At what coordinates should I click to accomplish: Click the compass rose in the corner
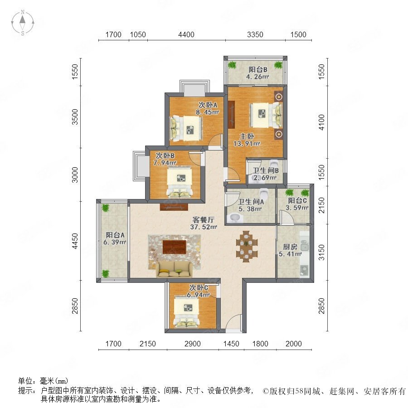coord(23,23)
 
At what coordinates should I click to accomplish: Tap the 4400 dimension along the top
coord(186,34)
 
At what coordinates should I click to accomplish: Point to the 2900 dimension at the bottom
coord(193,344)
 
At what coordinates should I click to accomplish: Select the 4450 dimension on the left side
coord(75,241)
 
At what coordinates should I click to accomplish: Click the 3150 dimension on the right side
coord(322,252)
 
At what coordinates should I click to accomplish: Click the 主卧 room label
coord(247,136)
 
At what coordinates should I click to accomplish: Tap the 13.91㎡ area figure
coord(247,143)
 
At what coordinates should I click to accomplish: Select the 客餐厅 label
coord(204,219)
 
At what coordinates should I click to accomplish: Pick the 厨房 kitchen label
coord(290,247)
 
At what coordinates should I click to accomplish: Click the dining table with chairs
coord(247,246)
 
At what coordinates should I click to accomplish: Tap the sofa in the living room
coord(175,269)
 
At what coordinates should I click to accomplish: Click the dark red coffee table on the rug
coord(175,247)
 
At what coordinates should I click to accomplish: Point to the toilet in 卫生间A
coord(263,193)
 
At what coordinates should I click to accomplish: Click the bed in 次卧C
coord(186,312)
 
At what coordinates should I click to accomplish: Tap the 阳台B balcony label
coord(258,70)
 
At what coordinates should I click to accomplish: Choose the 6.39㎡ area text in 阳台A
coord(115,242)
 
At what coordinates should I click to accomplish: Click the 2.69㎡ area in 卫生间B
coord(265,178)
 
